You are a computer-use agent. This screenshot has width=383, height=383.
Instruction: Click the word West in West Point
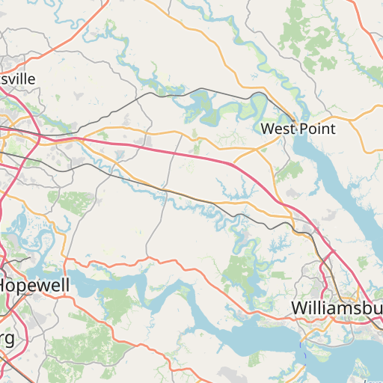(278, 129)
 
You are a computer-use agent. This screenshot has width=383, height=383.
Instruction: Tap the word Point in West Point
(317, 129)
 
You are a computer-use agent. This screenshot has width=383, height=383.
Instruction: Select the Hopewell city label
(34, 285)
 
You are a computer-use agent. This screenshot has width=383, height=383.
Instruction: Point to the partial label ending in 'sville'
(18, 78)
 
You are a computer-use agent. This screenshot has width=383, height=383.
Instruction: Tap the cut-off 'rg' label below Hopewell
(7, 337)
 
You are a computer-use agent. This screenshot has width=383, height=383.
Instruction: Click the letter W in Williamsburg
(300, 307)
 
